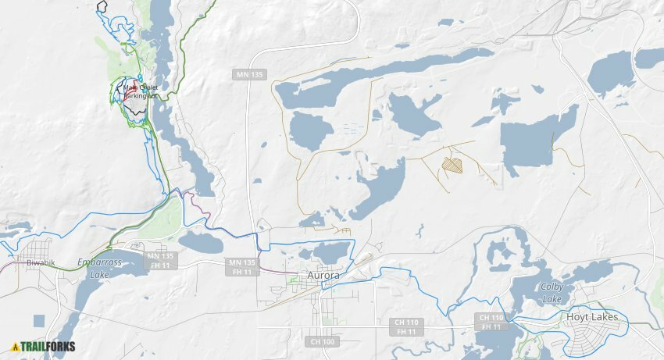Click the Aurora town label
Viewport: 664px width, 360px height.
323,276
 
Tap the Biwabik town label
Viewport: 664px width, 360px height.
41,263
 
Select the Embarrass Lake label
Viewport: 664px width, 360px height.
99,268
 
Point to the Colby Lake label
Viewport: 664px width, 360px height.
552,293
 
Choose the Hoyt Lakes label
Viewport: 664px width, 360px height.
592,317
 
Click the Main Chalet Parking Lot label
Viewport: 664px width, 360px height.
140,91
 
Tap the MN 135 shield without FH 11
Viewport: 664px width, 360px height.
249,74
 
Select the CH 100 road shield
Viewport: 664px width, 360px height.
322,341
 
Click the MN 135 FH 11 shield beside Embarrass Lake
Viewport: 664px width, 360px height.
160,260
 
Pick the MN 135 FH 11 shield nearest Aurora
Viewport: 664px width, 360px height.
242,267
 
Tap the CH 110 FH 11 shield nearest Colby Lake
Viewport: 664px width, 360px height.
491,322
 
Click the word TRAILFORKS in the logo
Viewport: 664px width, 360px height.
48,347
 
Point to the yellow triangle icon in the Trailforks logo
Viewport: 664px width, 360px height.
15,347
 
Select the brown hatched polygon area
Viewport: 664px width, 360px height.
452,165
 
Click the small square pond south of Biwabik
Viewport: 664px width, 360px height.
39,320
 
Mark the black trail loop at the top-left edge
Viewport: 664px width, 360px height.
102,6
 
